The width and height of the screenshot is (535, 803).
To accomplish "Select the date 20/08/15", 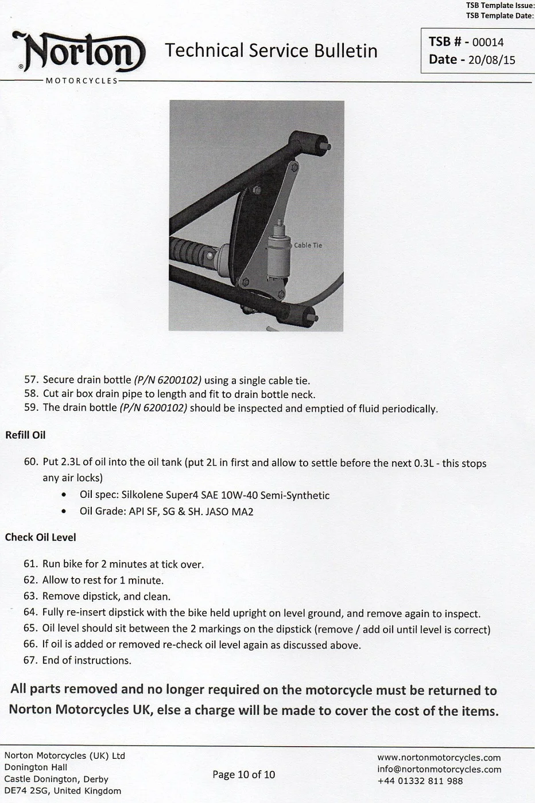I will [x=491, y=60].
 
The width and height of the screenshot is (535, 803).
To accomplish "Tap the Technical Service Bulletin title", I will [x=271, y=51].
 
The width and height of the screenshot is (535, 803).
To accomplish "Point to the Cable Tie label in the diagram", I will [x=308, y=245].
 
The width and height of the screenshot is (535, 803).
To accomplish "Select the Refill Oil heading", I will [x=25, y=435].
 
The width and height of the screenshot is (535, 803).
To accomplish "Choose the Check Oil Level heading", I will [x=40, y=537].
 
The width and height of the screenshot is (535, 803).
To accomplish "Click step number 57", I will [x=31, y=380].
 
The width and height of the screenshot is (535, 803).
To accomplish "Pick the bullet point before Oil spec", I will [x=64, y=495].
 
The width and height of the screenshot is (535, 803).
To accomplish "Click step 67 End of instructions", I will [x=86, y=661].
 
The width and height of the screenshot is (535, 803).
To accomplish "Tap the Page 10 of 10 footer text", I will [x=243, y=775].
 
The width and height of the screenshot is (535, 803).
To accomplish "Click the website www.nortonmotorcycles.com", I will [x=439, y=758].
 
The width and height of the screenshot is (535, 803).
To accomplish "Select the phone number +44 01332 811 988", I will [x=420, y=781].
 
